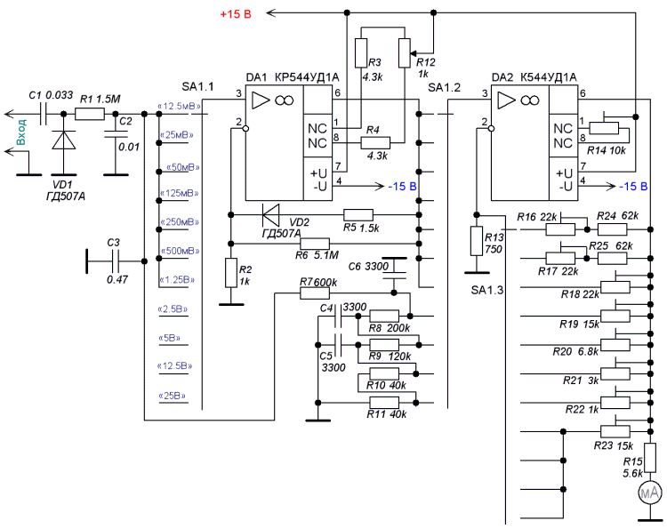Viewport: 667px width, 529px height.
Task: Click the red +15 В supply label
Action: pyautogui.click(x=236, y=14)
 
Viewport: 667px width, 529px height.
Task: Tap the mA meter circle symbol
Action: pyautogui.click(x=650, y=493)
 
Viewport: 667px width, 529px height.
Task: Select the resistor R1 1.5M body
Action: pyautogui.click(x=90, y=114)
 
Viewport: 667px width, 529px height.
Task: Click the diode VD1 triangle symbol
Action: pyautogui.click(x=64, y=140)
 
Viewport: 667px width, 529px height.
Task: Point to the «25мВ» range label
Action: pyautogui.click(x=176, y=135)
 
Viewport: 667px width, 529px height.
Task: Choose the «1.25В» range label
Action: pyautogui.click(x=177, y=280)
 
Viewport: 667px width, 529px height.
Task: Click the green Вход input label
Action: pyautogui.click(x=20, y=132)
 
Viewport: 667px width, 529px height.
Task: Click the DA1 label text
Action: pyautogui.click(x=256, y=77)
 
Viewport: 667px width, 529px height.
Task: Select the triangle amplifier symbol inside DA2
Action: pyautogui.click(x=506, y=100)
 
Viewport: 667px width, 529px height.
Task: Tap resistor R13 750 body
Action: pyautogui.click(x=477, y=241)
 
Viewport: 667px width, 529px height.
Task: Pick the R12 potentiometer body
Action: pyautogui.click(x=405, y=52)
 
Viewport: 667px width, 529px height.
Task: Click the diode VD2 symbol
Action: pyautogui.click(x=271, y=215)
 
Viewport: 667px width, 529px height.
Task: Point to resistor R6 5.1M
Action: pyautogui.click(x=315, y=244)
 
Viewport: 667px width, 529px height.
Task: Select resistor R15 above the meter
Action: pyautogui.click(x=650, y=458)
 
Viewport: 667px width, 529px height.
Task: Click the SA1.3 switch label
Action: pyautogui.click(x=486, y=290)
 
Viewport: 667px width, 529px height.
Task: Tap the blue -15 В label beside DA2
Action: pyautogui.click(x=633, y=186)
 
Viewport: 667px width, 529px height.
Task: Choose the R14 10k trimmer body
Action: pyautogui.click(x=604, y=128)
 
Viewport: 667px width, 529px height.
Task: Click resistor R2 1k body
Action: pyautogui.click(x=231, y=273)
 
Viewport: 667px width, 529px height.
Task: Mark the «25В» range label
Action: pyautogui.click(x=173, y=396)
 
